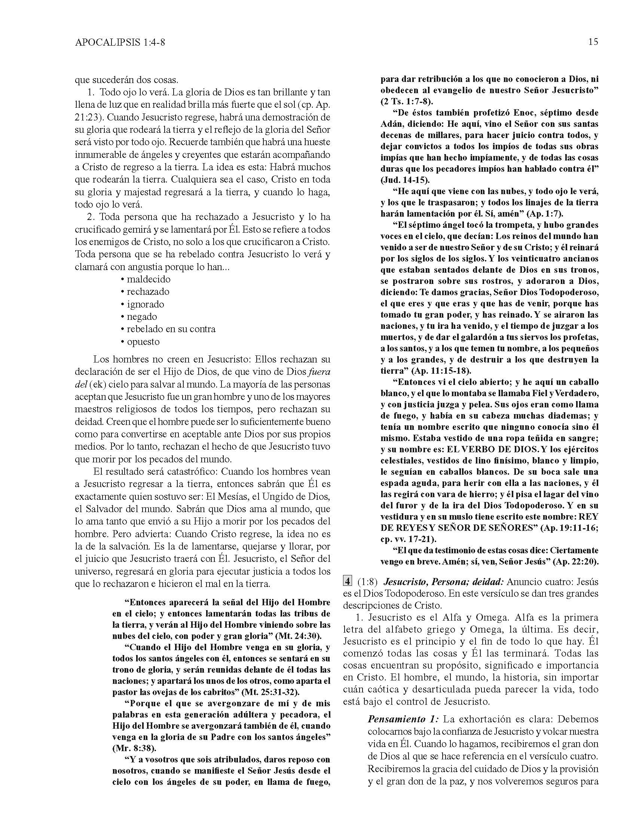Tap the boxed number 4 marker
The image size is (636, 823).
347,581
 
